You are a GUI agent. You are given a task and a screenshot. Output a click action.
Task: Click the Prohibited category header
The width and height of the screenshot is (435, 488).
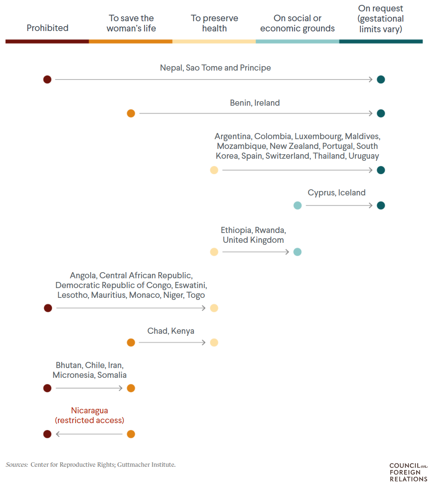pos(47,28)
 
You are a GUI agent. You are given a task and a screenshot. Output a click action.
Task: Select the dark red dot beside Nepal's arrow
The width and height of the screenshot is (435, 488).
pos(47,79)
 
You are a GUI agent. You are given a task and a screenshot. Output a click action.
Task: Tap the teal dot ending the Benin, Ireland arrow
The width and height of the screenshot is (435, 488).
pos(381,113)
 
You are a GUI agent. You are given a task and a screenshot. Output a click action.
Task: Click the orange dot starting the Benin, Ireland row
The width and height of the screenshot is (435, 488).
pos(131,113)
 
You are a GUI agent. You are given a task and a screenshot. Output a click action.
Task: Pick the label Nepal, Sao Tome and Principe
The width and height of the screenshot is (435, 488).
pos(215,68)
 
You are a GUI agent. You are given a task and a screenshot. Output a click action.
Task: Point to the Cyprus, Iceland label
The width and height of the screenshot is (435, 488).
pos(336,193)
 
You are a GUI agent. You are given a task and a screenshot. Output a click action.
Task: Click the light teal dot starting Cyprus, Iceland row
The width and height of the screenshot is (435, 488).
pos(297,205)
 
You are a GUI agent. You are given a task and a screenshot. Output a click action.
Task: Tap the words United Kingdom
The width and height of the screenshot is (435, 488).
pos(253,240)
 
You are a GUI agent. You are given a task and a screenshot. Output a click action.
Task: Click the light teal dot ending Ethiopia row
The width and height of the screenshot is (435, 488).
pos(297,252)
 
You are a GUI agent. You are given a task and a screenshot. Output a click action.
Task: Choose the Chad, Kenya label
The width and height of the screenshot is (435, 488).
pos(171,331)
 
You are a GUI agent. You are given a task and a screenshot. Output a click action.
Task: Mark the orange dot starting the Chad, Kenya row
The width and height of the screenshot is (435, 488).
pos(131,342)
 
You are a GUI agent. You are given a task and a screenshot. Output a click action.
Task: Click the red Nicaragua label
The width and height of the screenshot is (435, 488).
pos(89,410)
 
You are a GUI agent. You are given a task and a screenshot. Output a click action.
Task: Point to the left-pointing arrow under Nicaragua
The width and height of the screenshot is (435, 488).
pos(89,434)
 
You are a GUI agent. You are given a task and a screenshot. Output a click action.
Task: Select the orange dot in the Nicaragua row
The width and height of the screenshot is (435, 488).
pos(131,434)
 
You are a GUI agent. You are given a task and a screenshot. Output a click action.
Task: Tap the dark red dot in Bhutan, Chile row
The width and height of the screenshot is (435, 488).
pos(47,388)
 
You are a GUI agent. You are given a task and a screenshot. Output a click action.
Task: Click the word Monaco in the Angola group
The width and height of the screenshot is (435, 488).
pos(144,295)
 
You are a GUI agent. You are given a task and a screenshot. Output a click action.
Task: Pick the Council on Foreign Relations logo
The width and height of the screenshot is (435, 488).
pos(408,472)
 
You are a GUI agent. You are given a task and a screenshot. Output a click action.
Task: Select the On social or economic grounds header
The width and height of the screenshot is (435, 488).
pos(297,23)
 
